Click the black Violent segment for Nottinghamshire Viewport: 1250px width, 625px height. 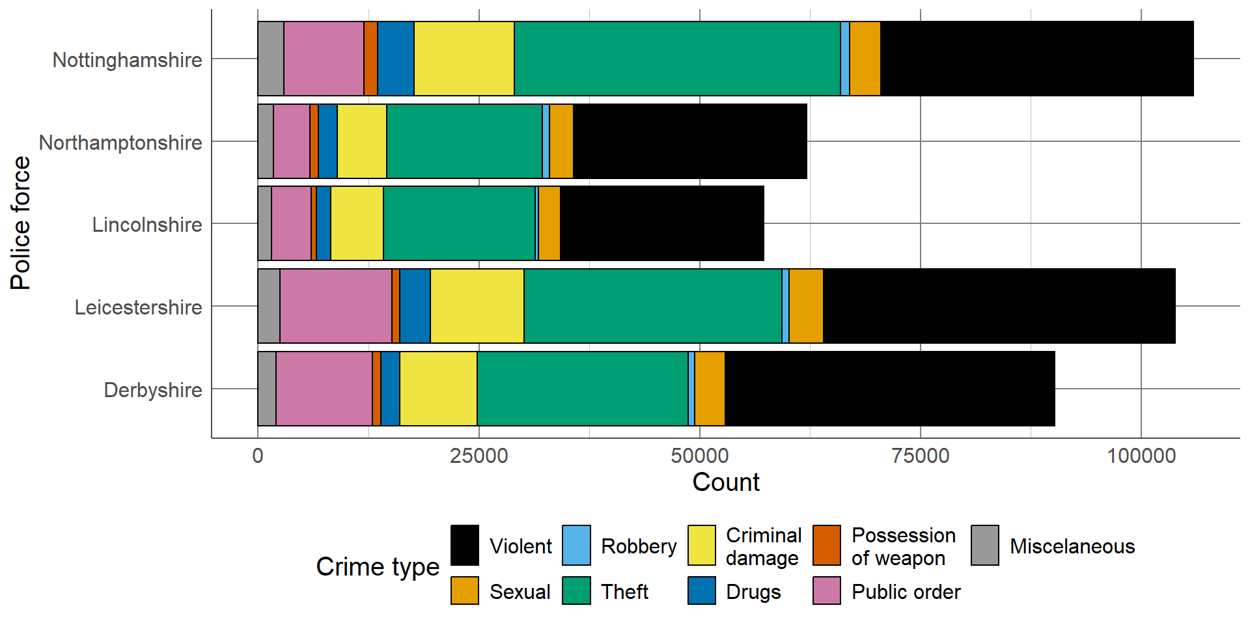coord(1036,59)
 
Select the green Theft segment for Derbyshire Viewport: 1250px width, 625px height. coord(583,389)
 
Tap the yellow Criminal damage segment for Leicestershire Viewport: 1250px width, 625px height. coord(477,306)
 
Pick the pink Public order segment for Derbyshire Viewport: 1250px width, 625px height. coord(324,389)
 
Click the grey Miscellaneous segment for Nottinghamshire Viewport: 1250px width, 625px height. coord(271,59)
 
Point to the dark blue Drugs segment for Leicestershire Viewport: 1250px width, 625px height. coord(415,306)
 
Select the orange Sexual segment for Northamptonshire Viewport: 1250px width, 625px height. coord(561,141)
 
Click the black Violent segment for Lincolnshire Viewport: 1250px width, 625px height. coord(661,223)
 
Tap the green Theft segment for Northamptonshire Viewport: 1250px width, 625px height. coord(464,141)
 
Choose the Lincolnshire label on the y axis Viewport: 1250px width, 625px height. coord(147,225)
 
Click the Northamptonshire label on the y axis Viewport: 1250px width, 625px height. coord(120,142)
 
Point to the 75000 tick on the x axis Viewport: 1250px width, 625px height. coord(921,455)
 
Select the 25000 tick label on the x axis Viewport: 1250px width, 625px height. coord(479,455)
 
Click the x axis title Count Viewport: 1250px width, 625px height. coord(726,482)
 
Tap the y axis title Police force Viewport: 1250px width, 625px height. coord(20,223)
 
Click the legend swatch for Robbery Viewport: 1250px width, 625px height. coord(576,545)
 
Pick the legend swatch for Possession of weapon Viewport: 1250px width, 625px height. coord(827,545)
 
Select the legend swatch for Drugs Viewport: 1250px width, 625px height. coord(702,590)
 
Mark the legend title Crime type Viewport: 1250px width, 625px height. coord(378,566)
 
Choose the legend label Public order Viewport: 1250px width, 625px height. coord(906,592)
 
